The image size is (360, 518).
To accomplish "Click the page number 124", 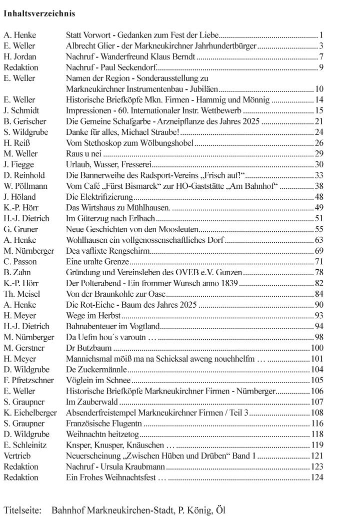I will [x=317, y=477].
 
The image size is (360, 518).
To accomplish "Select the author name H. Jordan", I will [x=20, y=56].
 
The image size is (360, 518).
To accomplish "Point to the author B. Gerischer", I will [x=24, y=121].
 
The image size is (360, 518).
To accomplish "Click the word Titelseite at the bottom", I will [x=23, y=511].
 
